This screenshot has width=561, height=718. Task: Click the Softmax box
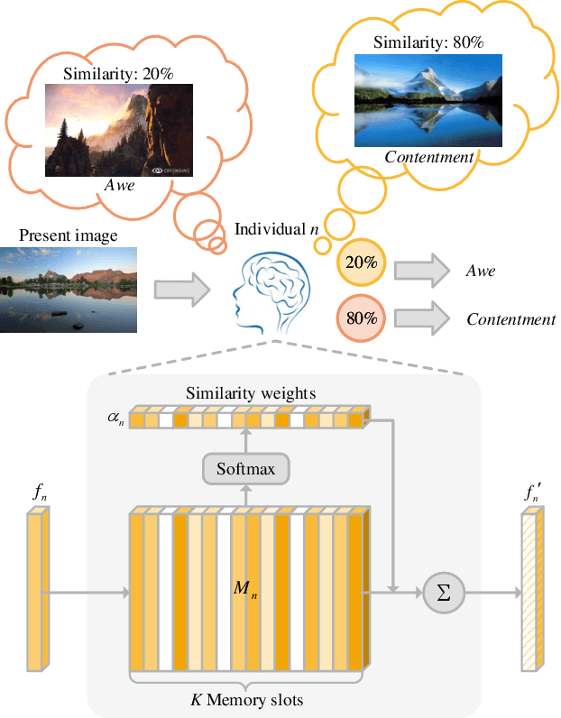pos(245,468)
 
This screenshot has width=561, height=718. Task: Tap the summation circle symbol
pos(442,593)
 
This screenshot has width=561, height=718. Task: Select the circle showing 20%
pos(361,263)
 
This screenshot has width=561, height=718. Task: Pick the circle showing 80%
pos(361,318)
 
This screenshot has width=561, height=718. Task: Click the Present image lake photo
pos(69,290)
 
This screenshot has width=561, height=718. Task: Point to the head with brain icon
pos(268,288)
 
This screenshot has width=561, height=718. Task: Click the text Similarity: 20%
pos(119,74)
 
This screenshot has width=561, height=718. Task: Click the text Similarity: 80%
pos(428,41)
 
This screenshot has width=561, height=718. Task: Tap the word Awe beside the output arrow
pos(480,271)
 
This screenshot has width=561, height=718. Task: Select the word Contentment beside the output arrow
pos(510,319)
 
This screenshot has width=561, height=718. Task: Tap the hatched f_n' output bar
pos(531,592)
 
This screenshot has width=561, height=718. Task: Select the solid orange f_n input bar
pos(37,592)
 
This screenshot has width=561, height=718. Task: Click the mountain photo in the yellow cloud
pos(428,99)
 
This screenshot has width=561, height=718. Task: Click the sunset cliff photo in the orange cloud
pos(119,130)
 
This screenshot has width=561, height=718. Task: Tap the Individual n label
pos(276,229)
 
